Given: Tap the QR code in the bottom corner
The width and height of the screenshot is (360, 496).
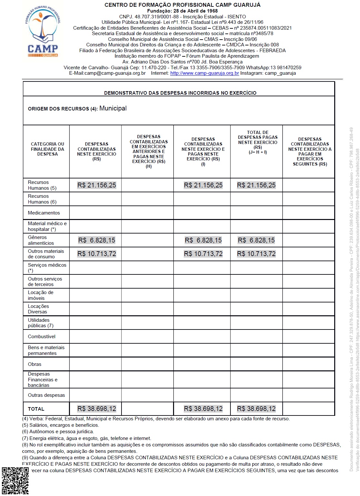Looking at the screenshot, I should click(x=15, y=480).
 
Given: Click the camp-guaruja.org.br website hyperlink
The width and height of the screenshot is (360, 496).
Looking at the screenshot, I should click(x=204, y=73).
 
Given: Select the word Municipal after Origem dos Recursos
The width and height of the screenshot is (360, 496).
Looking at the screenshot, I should click(x=113, y=108).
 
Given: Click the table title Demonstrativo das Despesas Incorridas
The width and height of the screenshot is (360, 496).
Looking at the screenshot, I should click(x=180, y=93).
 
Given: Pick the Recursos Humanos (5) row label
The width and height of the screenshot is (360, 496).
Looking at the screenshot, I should click(x=42, y=185).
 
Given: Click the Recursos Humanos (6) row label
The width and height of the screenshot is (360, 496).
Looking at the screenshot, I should click(x=42, y=199).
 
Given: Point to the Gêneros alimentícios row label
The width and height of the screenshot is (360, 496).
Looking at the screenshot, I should click(x=41, y=240).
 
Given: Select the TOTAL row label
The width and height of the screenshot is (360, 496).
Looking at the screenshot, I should click(x=36, y=409).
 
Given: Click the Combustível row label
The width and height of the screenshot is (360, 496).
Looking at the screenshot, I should click(x=42, y=337).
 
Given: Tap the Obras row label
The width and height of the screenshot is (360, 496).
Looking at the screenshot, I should click(x=34, y=364).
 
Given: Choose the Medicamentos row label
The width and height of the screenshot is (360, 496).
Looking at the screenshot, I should click(x=44, y=213).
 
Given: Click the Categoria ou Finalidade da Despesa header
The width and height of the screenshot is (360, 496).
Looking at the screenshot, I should click(x=47, y=149).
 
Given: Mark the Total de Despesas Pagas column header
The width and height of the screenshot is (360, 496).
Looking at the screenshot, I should click(x=258, y=142).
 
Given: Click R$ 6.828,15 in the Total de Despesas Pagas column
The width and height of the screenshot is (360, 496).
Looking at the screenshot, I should click(x=256, y=240).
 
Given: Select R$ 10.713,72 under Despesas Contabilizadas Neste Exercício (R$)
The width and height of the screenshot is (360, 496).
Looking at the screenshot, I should click(x=97, y=254).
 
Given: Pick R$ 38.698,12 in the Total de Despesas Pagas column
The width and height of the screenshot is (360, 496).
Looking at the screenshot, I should click(x=256, y=409).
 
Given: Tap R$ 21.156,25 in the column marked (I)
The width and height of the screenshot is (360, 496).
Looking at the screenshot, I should click(x=203, y=185).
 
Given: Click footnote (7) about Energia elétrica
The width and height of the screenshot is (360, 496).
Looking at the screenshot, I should click(x=86, y=438).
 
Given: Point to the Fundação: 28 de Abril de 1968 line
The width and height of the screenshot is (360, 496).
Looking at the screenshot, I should click(x=182, y=11).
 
